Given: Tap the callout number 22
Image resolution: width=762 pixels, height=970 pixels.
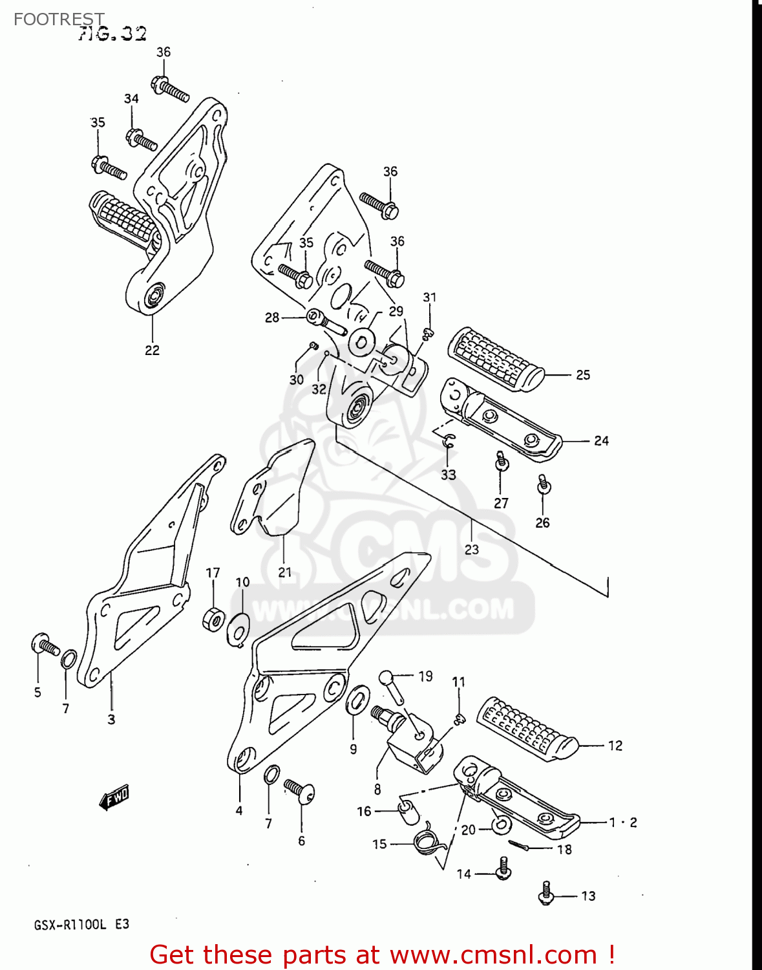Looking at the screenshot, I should pos(152,350).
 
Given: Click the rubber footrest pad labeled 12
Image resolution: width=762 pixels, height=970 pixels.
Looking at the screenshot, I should pos(527,727).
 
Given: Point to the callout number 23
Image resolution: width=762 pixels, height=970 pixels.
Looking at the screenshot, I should pos(472,549).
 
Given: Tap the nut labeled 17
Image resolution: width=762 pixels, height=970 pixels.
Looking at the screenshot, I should pos(213,620).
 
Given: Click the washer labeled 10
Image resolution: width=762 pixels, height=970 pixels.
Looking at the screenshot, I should pos(238,627).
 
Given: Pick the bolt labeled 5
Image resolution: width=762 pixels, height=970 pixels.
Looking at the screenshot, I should pos(44,644).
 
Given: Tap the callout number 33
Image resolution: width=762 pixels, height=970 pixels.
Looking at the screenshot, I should pos(449,475).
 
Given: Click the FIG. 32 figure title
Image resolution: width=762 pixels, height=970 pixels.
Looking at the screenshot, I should pos(112,34).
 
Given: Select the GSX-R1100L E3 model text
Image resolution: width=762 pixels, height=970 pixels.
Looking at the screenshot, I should pos(81,924).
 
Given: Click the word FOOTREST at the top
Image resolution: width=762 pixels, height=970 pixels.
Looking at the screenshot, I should pos(59,19).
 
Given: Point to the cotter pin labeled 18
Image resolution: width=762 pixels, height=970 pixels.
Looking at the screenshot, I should pos(528,845).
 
